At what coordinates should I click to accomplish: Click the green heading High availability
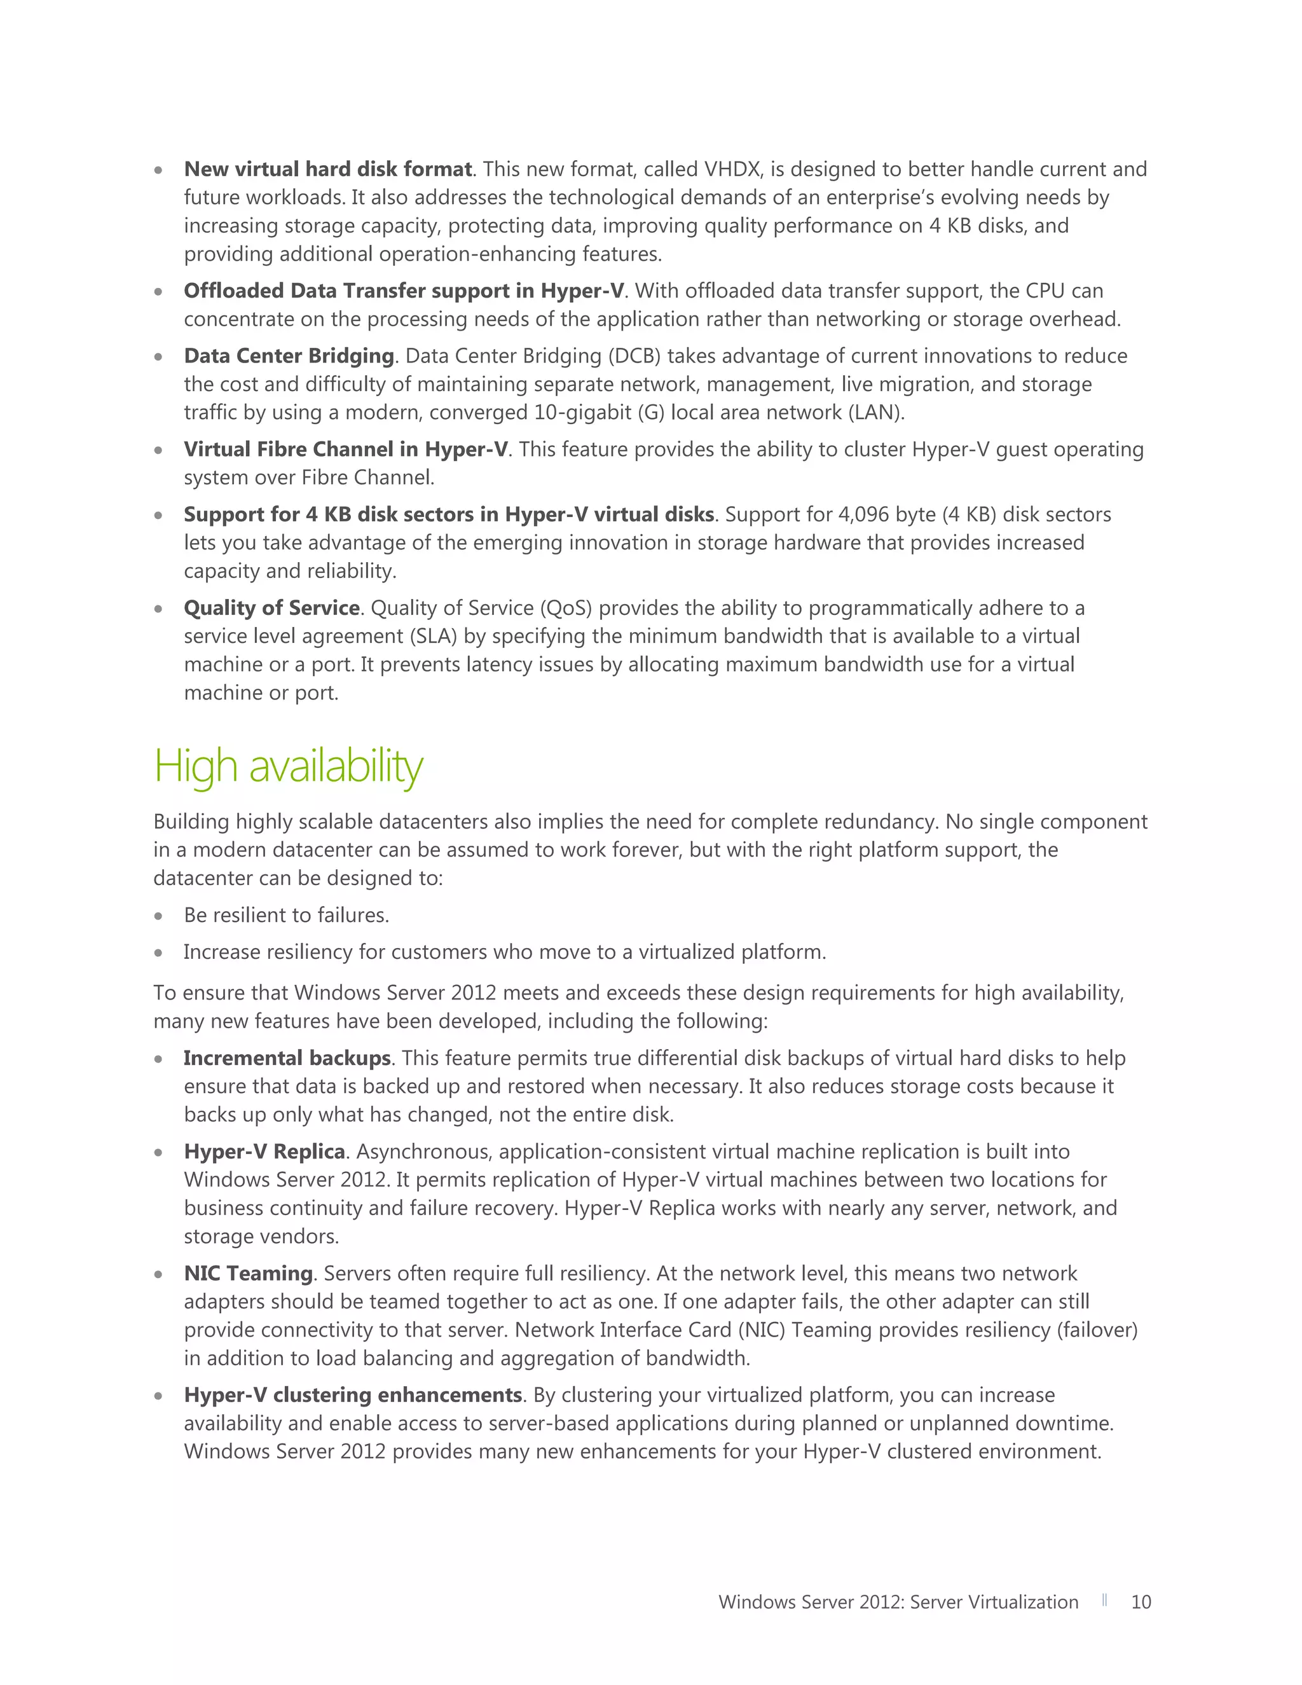click(x=289, y=767)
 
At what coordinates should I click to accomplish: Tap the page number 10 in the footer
click(x=1140, y=1602)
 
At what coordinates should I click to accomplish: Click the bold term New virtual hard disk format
click(x=327, y=170)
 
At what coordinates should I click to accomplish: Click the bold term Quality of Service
click(x=271, y=609)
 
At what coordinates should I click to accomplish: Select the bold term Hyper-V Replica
click(x=264, y=1152)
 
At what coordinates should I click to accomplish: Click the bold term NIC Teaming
click(x=247, y=1274)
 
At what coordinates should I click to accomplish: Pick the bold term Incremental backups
click(x=287, y=1059)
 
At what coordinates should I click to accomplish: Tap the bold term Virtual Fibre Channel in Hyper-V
click(x=346, y=450)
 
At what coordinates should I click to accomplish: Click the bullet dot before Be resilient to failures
click(x=158, y=916)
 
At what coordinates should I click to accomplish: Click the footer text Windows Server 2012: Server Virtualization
click(x=898, y=1602)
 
